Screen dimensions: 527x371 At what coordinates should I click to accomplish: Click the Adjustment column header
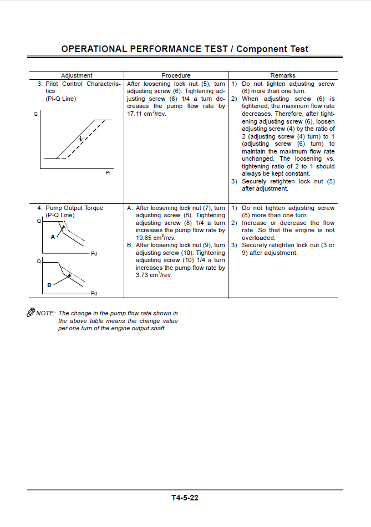point(77,75)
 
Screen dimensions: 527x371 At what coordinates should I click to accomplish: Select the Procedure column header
point(176,75)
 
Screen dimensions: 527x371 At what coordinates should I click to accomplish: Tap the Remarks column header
point(283,75)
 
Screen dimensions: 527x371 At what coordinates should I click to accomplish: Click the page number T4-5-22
point(185,498)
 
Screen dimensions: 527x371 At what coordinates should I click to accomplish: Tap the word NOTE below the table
point(45,314)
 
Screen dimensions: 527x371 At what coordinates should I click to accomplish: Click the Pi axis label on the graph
point(108,173)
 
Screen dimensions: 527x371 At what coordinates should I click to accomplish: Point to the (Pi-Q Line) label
point(61,99)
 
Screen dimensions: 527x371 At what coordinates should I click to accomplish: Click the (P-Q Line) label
point(60,215)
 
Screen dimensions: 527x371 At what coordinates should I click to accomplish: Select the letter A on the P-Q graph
point(53,237)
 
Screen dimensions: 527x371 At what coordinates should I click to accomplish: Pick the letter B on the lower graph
point(49,285)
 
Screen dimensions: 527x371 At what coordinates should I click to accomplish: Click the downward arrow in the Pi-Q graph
point(80,139)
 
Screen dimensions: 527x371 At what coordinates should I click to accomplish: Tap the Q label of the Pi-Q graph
point(36,114)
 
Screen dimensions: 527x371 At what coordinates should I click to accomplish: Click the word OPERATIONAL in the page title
point(94,49)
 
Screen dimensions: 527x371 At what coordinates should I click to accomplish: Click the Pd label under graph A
point(94,254)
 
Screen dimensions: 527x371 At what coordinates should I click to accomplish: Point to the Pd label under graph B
point(94,294)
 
